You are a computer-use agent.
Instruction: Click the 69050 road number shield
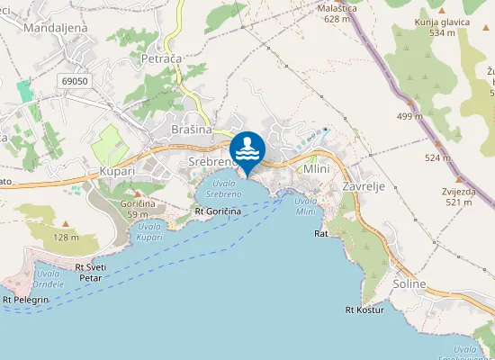click(76, 81)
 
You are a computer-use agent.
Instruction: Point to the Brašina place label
click(191, 130)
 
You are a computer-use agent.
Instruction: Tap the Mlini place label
click(316, 169)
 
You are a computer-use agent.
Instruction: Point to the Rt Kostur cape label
click(364, 310)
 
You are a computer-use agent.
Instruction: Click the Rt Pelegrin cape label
click(25, 299)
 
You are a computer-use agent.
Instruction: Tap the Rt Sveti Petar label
click(89, 273)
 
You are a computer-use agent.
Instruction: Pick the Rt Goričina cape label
click(218, 211)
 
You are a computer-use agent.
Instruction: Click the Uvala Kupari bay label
click(150, 231)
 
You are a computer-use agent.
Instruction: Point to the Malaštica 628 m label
click(337, 13)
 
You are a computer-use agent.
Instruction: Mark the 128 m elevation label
click(66, 237)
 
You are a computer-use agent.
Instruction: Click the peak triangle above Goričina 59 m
click(138, 193)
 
